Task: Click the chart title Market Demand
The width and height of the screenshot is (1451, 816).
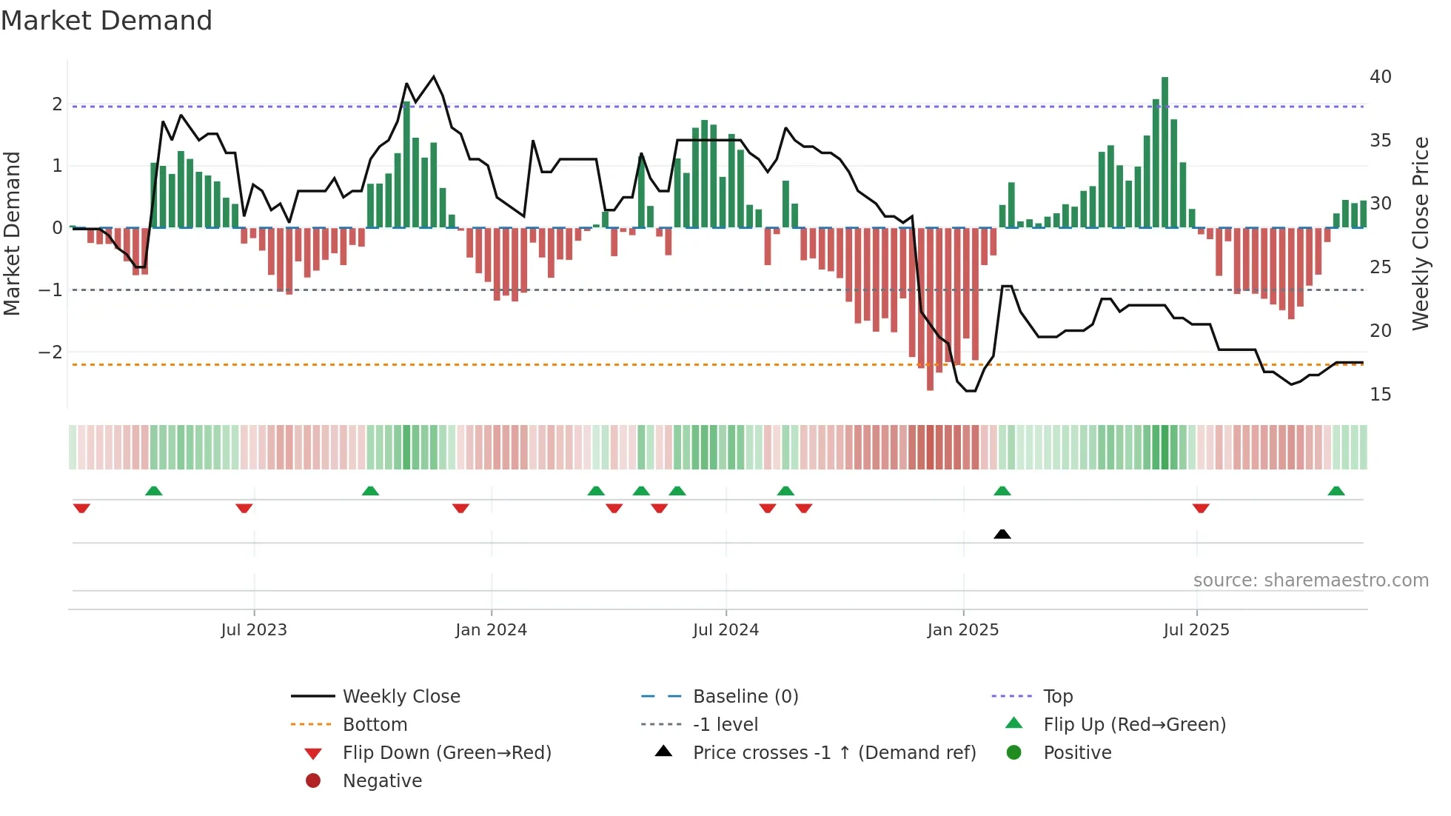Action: pyautogui.click(x=107, y=21)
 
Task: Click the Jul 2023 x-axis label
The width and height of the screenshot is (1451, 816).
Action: pyautogui.click(x=254, y=630)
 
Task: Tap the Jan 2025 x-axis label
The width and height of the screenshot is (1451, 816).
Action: pyautogui.click(x=962, y=630)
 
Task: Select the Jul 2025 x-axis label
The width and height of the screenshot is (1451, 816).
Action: pyautogui.click(x=1196, y=630)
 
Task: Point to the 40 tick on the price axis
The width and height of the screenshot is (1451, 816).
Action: pyautogui.click(x=1380, y=77)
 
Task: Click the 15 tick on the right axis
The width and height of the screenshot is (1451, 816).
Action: pyautogui.click(x=1380, y=395)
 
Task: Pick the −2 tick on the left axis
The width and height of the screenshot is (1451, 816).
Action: pyautogui.click(x=51, y=352)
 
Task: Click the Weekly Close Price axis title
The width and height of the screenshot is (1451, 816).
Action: pyautogui.click(x=1420, y=233)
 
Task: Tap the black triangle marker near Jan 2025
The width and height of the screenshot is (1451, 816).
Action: pyautogui.click(x=1002, y=534)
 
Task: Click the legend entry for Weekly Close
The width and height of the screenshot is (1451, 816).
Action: pyautogui.click(x=401, y=697)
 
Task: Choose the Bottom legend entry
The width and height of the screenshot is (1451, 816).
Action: pyautogui.click(x=375, y=725)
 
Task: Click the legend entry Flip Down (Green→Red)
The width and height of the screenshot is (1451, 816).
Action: pyautogui.click(x=446, y=753)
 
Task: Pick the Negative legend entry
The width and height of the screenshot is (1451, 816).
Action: pyautogui.click(x=382, y=781)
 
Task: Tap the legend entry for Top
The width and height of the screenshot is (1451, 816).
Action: pyautogui.click(x=1057, y=697)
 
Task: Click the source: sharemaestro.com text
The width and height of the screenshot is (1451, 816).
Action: pyautogui.click(x=1310, y=581)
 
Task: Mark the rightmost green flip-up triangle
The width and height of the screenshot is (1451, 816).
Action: pyautogui.click(x=1336, y=491)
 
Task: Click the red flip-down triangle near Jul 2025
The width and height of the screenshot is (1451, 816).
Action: pyautogui.click(x=1201, y=508)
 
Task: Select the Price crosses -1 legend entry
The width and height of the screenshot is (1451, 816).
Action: pyautogui.click(x=834, y=753)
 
